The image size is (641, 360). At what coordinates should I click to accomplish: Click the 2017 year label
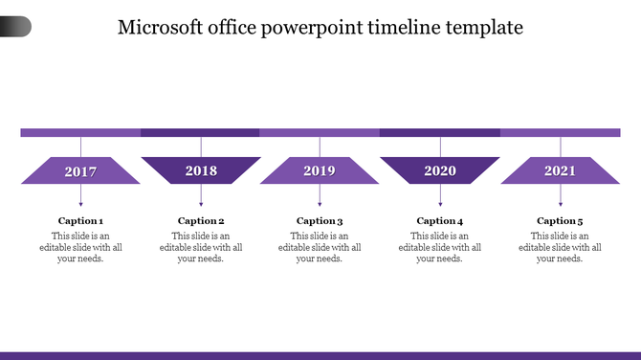click(80, 171)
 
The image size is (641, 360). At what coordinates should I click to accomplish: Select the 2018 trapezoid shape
click(201, 170)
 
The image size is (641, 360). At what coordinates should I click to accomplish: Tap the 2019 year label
click(320, 171)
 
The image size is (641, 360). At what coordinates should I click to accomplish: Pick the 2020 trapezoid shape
click(440, 170)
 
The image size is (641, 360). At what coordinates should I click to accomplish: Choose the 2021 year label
click(560, 171)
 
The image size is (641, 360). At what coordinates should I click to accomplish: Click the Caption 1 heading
click(80, 221)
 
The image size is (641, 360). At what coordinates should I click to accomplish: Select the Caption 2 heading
click(201, 221)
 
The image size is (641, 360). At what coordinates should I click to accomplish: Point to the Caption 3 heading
click(320, 221)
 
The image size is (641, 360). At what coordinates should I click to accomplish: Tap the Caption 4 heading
click(440, 221)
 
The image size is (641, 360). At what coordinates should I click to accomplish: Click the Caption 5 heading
click(560, 221)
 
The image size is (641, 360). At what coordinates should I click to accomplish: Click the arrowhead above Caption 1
click(80, 203)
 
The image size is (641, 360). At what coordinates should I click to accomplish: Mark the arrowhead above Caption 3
click(320, 203)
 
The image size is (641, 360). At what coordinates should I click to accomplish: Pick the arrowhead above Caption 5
click(560, 203)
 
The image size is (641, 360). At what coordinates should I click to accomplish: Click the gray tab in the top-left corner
click(14, 27)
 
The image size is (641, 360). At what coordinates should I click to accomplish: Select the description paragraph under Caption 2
click(201, 247)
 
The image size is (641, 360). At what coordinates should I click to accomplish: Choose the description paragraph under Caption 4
click(440, 247)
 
